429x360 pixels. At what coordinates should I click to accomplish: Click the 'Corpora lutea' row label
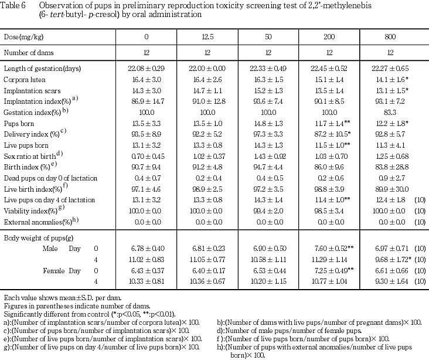coord(25,79)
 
